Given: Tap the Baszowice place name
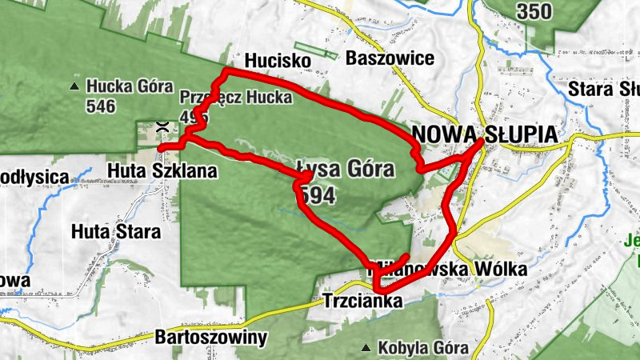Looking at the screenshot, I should pyautogui.click(x=390, y=58).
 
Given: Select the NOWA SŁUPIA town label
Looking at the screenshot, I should pyautogui.click(x=484, y=134).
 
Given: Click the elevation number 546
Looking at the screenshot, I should pyautogui.click(x=102, y=106).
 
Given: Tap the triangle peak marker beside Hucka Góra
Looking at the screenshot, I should pyautogui.click(x=74, y=86).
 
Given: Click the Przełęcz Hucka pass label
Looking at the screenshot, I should pyautogui.click(x=236, y=97).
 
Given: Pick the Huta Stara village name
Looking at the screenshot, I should pyautogui.click(x=116, y=232).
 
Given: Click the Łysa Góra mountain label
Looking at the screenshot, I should pyautogui.click(x=346, y=169).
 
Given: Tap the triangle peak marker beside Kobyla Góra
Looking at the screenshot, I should pyautogui.click(x=366, y=347).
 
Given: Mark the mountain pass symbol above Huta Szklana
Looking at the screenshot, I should pyautogui.click(x=162, y=126).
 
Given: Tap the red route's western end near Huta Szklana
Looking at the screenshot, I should pyautogui.click(x=160, y=149).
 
